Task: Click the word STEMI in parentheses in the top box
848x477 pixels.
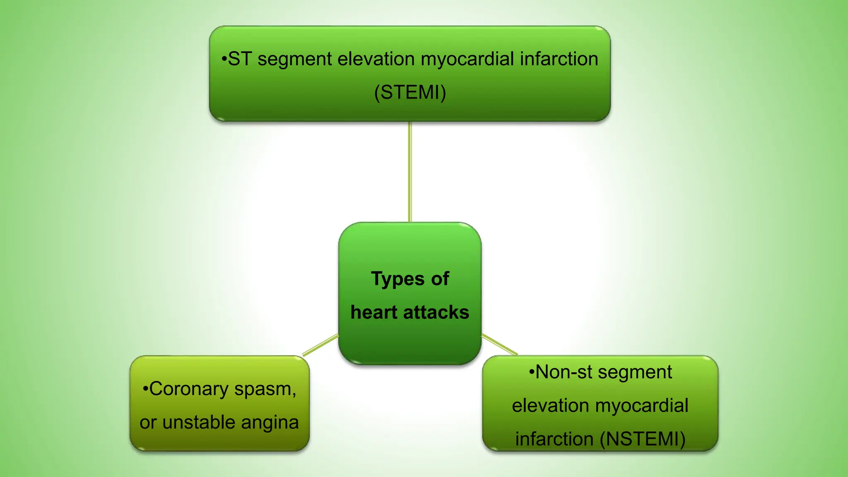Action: click(x=410, y=92)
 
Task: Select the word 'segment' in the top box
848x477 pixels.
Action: click(x=295, y=59)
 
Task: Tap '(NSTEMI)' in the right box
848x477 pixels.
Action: click(x=643, y=439)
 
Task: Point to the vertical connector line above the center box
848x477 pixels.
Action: click(x=410, y=172)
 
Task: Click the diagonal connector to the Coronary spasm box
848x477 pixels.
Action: click(x=320, y=345)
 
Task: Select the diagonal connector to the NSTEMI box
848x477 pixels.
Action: click(x=499, y=344)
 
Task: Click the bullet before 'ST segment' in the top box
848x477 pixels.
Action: click(x=224, y=60)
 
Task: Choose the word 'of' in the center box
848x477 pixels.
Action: click(x=440, y=279)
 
